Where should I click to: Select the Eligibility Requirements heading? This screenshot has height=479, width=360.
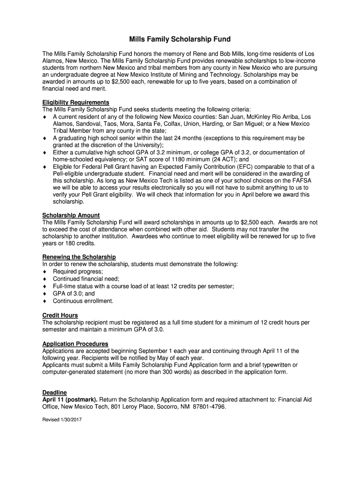pos(76,102)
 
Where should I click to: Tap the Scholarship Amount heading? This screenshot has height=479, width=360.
pos(71,215)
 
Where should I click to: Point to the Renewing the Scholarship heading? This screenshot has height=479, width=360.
pos(79,257)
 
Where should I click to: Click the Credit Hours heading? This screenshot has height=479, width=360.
pos(60,315)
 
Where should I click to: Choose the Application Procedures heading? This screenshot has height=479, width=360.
pos(75,344)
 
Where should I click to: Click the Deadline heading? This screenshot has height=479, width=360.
pos(55,392)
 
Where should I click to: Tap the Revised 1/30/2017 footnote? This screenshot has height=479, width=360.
pos(62,420)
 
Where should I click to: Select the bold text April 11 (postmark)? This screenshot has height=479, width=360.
pos(70,399)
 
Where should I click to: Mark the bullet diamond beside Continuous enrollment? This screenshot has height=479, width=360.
pos(45,301)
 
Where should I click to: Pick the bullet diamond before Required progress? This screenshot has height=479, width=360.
pos(45,272)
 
